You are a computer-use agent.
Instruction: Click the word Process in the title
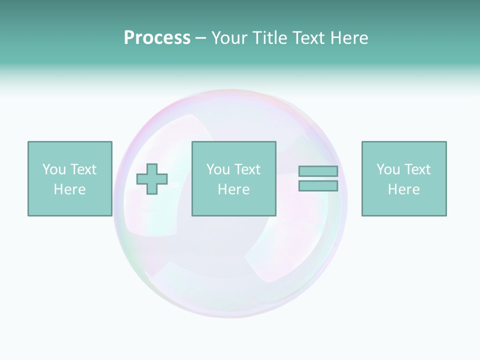point(157,38)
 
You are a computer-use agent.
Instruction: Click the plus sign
point(152,178)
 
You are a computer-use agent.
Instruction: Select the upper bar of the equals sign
point(318,171)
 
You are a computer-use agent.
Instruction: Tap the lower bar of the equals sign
point(318,185)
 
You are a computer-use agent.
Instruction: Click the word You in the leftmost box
point(54,169)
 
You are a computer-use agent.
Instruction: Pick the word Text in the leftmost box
point(83,169)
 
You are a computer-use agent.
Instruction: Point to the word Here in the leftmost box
point(69,189)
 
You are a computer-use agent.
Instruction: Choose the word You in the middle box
point(218,169)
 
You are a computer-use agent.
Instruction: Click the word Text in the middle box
point(247,169)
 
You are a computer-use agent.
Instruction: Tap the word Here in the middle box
point(233,189)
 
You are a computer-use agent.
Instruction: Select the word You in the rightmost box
point(388,169)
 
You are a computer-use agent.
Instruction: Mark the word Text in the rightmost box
point(417,169)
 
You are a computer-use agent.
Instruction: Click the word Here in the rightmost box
point(403,189)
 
